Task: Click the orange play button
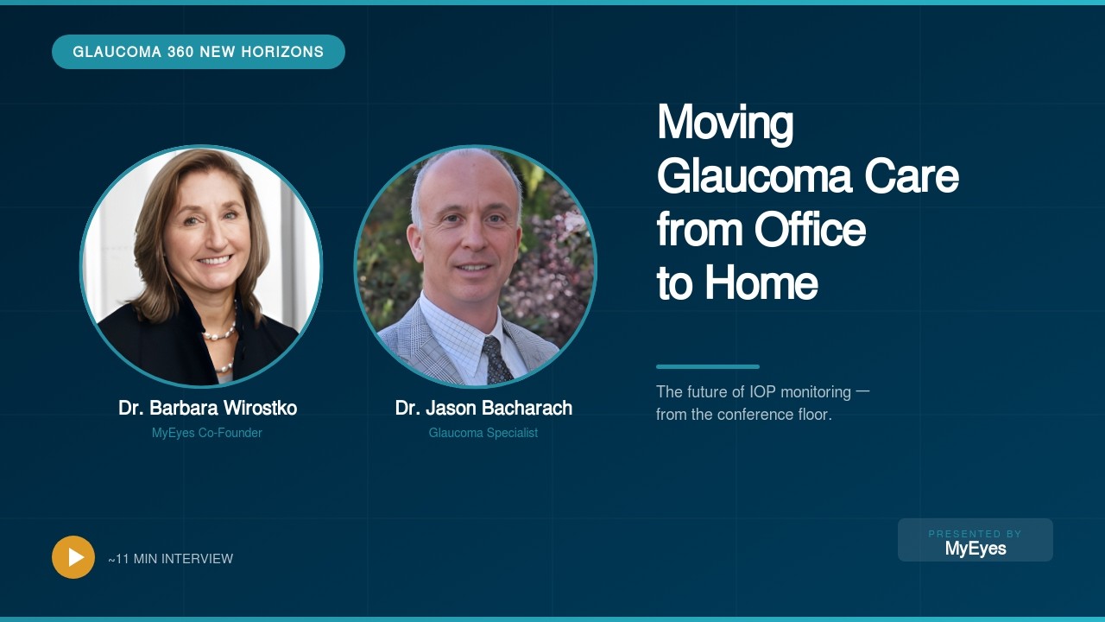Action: (73, 557)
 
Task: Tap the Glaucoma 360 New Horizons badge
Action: (199, 52)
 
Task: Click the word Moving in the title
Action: (725, 123)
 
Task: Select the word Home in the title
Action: (761, 282)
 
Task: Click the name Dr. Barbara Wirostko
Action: (207, 408)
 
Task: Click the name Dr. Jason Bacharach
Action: (483, 408)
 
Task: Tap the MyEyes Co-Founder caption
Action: (207, 433)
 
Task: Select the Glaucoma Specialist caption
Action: (483, 433)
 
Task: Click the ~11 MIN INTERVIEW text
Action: (171, 559)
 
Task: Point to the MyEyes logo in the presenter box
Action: (976, 549)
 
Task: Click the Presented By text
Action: (976, 534)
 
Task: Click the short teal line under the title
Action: (708, 366)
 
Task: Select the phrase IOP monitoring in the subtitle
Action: (800, 392)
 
